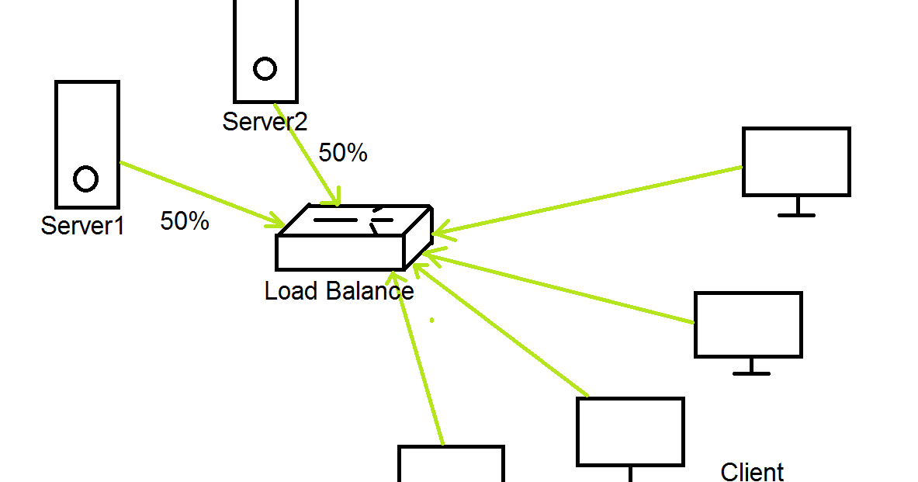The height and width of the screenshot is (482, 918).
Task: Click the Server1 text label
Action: [82, 226]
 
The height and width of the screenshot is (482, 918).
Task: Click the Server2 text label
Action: [265, 122]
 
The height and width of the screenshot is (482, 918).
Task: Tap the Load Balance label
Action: [339, 291]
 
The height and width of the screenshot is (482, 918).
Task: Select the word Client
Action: [752, 472]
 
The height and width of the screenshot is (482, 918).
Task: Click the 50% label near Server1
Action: [185, 221]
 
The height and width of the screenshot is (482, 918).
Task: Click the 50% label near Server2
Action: [343, 153]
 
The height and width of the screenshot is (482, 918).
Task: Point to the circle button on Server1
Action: [85, 179]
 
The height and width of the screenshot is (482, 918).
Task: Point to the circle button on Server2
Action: [265, 68]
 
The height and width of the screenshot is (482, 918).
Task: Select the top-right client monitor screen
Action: [796, 161]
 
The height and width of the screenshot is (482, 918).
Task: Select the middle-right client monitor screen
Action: [747, 324]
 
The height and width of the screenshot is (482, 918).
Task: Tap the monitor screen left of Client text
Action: [630, 432]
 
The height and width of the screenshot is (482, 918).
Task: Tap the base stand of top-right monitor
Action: [797, 214]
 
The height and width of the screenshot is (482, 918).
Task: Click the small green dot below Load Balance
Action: [432, 320]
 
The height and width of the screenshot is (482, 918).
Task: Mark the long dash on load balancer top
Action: [336, 220]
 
